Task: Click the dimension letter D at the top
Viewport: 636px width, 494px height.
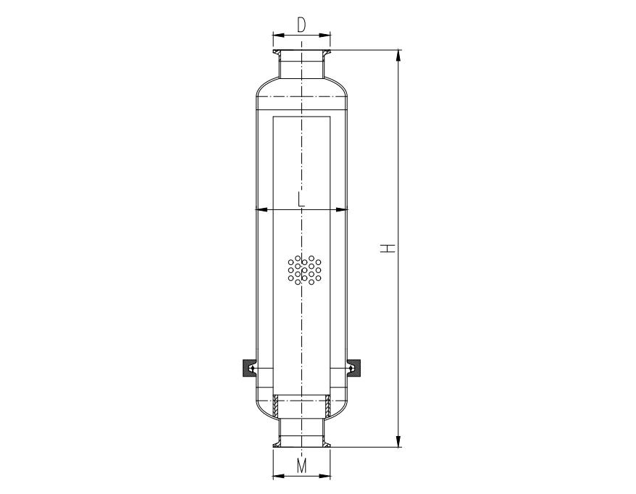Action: click(301, 25)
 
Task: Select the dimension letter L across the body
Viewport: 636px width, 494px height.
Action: click(301, 200)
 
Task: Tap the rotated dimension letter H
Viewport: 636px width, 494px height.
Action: click(389, 248)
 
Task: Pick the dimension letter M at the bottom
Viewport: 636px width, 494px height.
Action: click(301, 467)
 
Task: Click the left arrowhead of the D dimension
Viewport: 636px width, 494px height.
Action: click(277, 34)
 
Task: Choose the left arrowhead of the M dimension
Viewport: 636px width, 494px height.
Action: click(277, 476)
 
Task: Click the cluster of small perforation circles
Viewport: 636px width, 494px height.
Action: click(304, 269)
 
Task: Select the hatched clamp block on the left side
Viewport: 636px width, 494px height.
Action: click(247, 369)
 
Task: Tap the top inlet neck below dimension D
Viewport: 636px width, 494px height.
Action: click(301, 65)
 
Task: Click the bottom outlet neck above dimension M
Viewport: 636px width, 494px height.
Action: click(301, 432)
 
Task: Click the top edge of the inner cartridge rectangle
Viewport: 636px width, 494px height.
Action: click(301, 115)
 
